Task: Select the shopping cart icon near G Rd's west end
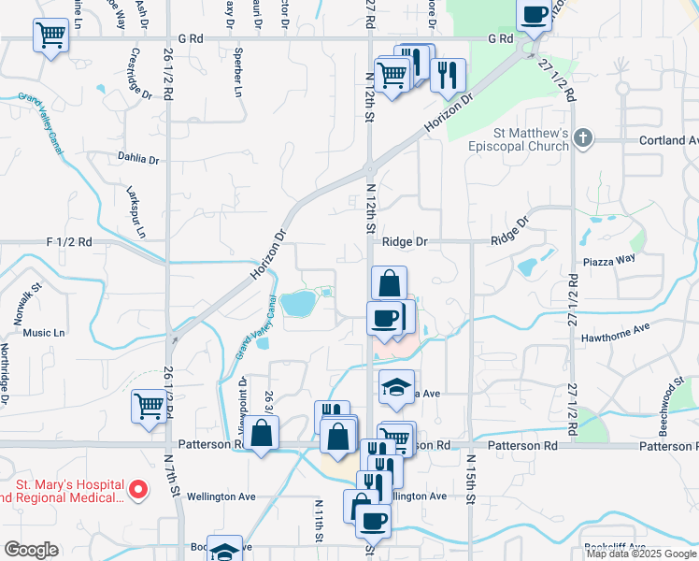50,36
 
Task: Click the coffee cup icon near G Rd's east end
535,15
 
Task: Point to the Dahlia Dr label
138,156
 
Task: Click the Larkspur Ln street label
136,210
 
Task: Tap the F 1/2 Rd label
69,241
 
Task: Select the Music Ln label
44,332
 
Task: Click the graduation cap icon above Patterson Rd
396,386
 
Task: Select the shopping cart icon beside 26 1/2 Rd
149,406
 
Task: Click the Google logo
30,550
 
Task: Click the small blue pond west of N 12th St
298,302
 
